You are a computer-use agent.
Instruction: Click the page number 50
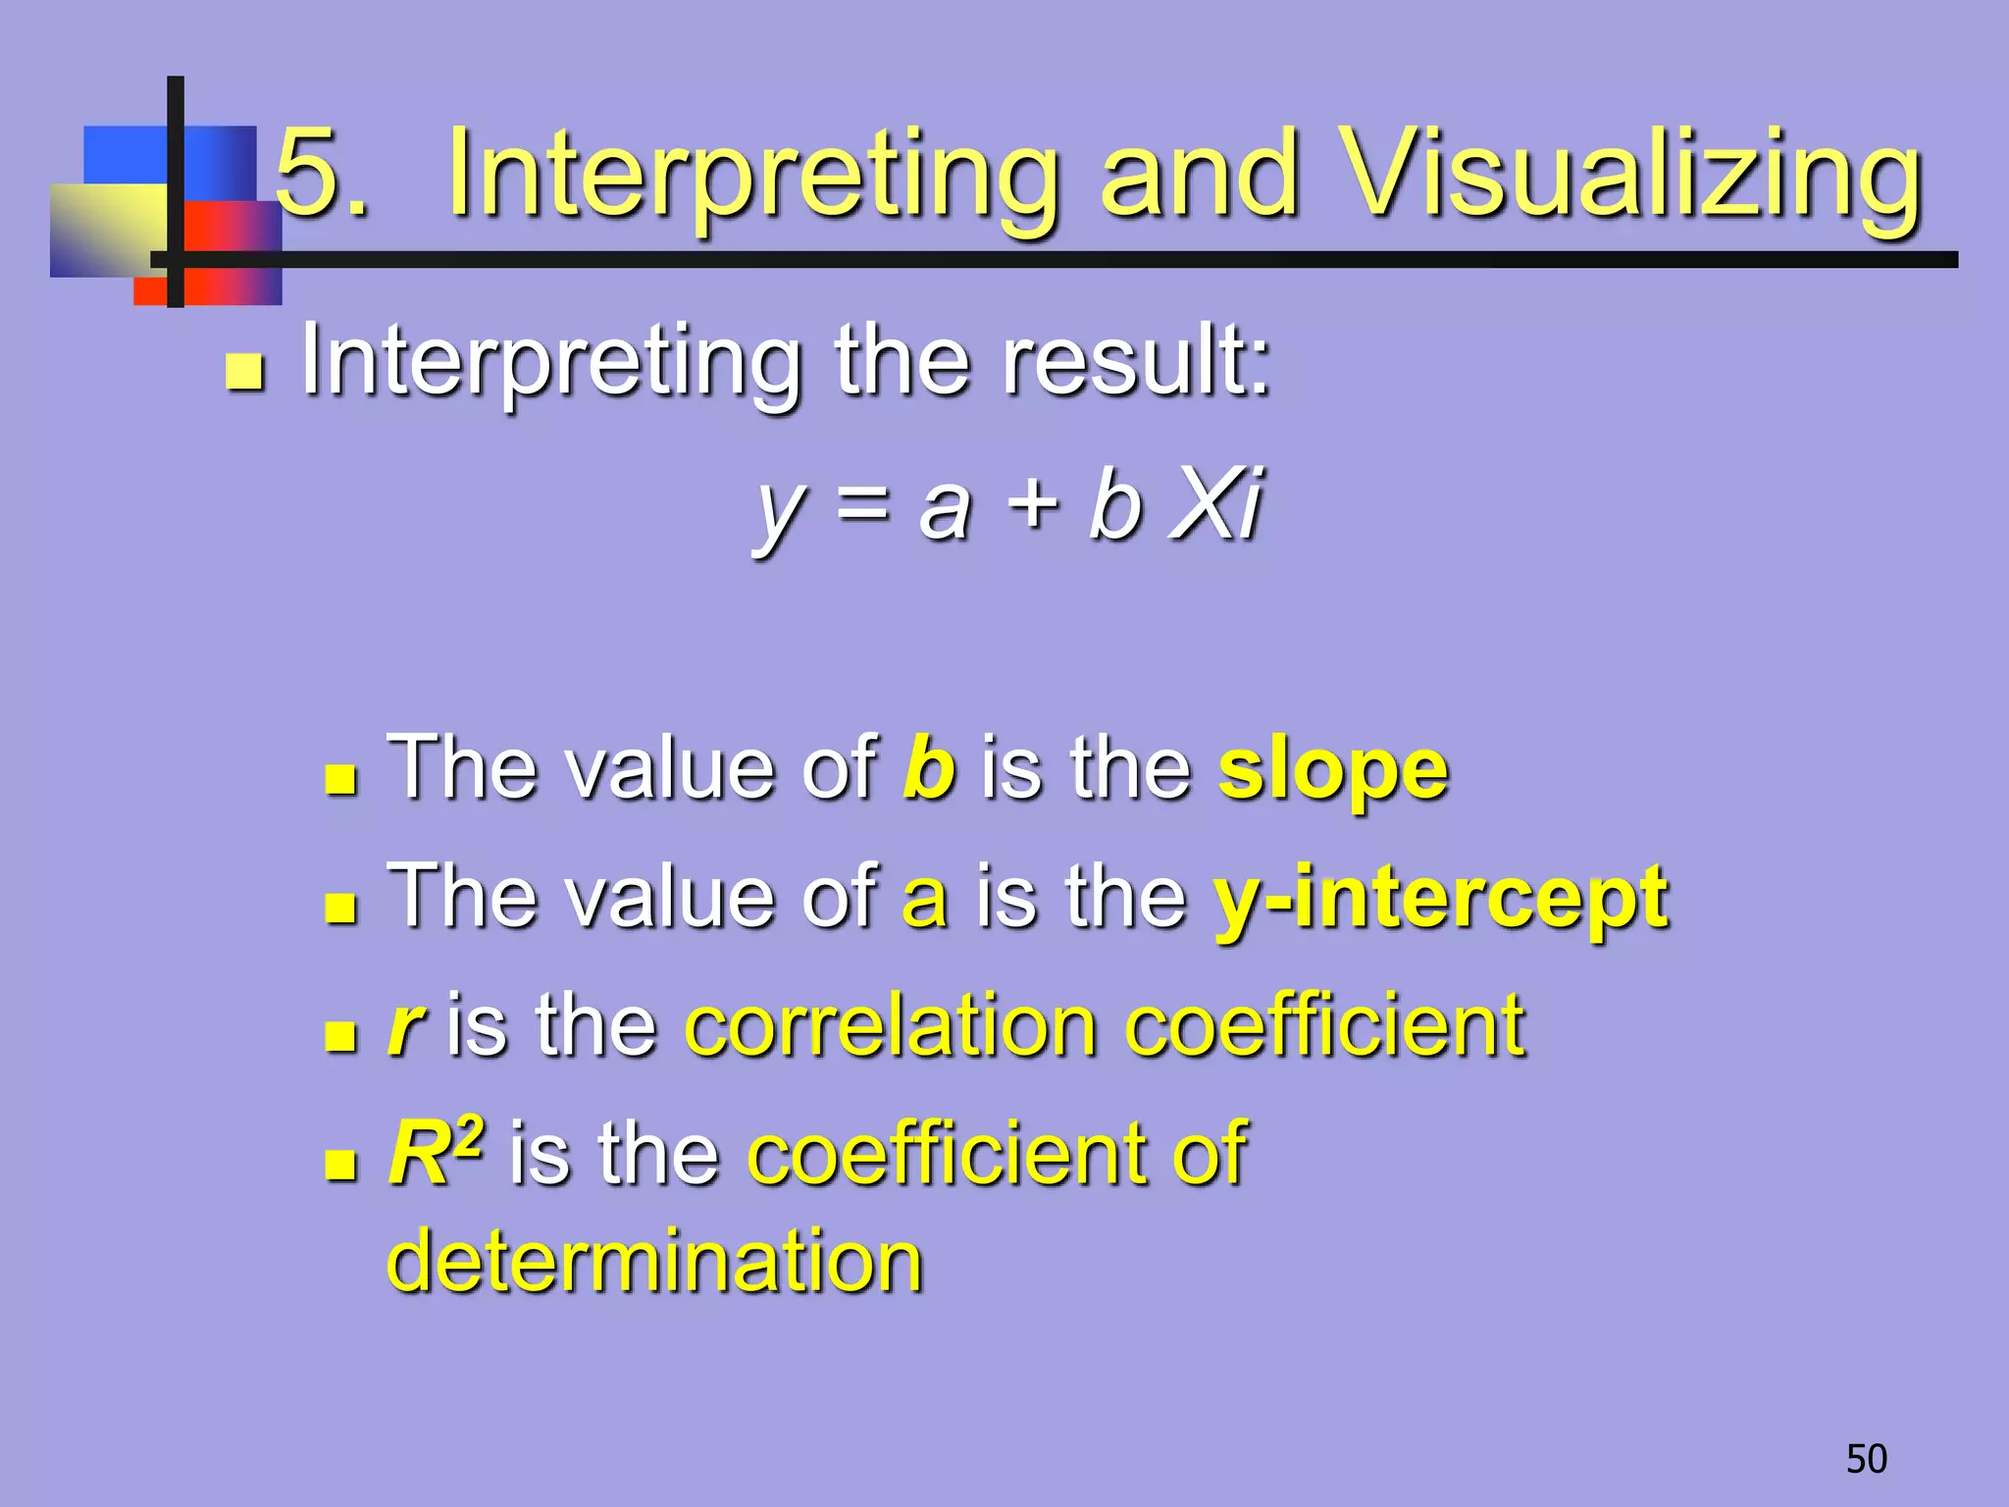pyautogui.click(x=1866, y=1459)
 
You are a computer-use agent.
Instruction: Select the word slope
pyautogui.click(x=1332, y=770)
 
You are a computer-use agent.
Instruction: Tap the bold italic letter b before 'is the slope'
pyautogui.click(x=928, y=767)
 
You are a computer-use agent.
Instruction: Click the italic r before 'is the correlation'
pyautogui.click(x=404, y=1028)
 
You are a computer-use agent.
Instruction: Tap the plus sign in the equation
pyautogui.click(x=1034, y=504)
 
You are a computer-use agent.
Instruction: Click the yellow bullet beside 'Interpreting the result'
pyautogui.click(x=244, y=372)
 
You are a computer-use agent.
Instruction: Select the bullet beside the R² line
pyautogui.click(x=340, y=1164)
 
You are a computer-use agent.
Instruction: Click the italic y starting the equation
pyautogui.click(x=780, y=510)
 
